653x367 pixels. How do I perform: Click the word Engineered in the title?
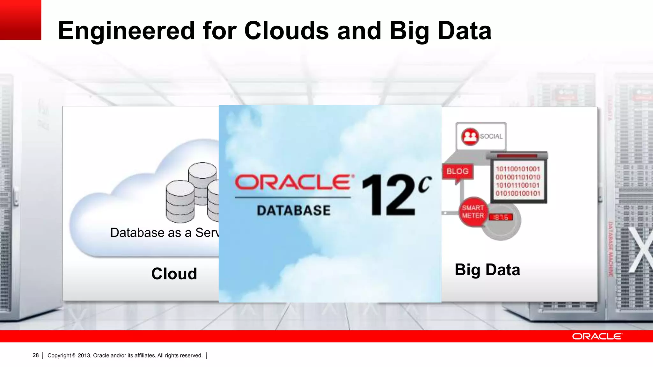point(126,31)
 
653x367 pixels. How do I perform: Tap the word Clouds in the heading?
point(286,31)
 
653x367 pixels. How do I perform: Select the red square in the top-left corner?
point(20,20)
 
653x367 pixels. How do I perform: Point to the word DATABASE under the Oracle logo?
point(294,211)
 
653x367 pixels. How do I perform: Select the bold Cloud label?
point(174,274)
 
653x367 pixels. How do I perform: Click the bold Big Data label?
point(487,270)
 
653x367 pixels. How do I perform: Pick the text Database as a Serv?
point(164,233)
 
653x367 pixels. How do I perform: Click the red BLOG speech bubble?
point(457,172)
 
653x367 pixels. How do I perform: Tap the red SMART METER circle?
point(473,212)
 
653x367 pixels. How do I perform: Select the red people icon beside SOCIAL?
point(470,137)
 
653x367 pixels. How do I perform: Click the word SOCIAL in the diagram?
point(491,136)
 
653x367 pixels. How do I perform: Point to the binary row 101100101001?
point(518,169)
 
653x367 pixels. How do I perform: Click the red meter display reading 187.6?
point(501,217)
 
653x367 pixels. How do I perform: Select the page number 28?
point(36,355)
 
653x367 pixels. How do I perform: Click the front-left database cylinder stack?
point(180,201)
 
